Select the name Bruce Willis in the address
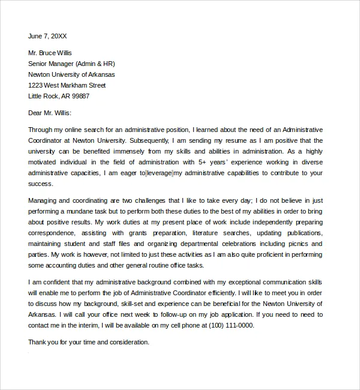tap(60, 53)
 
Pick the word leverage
tap(159, 173)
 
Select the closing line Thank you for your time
tap(88, 342)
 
